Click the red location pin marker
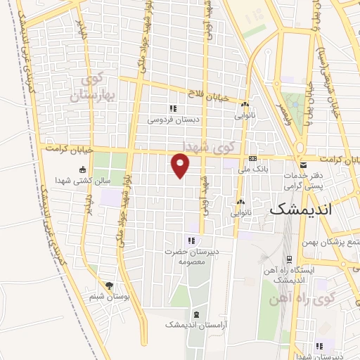[181, 165]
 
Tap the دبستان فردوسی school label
[172, 120]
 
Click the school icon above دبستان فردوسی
[172, 108]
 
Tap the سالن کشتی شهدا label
[82, 181]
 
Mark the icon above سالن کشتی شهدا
[82, 169]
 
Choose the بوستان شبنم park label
[108, 297]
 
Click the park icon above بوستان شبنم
[108, 285]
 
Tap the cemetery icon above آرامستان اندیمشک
[195, 314]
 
